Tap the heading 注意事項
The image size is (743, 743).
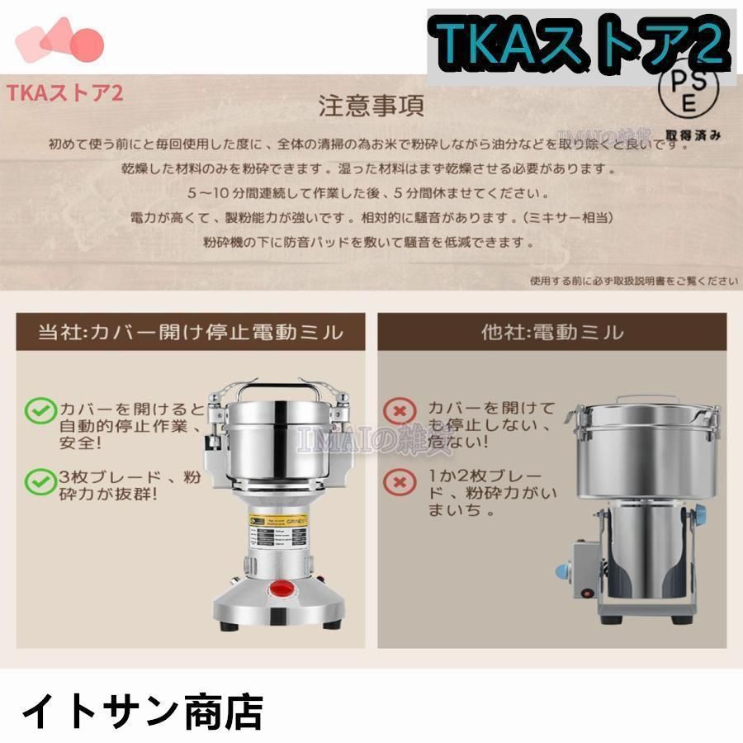pyautogui.click(x=371, y=106)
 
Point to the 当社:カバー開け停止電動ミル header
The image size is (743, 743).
pyautogui.click(x=190, y=333)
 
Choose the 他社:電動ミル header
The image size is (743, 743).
pyautogui.click(x=552, y=333)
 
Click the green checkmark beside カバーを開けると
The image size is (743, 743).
pyautogui.click(x=37, y=409)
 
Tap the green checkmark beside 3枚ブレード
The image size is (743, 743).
pyautogui.click(x=37, y=480)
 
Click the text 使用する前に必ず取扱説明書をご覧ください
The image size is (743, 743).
pyautogui.click(x=633, y=281)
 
